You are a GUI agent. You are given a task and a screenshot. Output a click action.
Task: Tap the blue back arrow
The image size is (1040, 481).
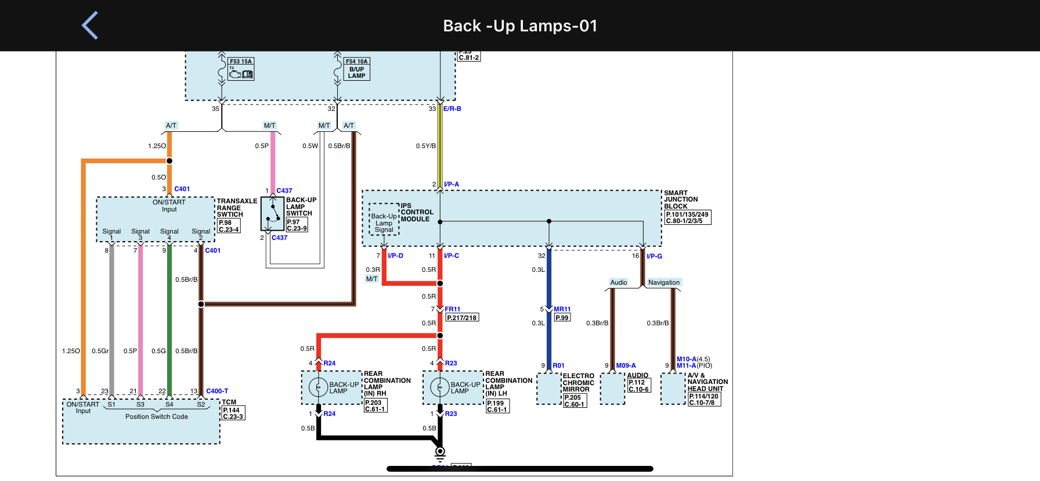tap(90, 26)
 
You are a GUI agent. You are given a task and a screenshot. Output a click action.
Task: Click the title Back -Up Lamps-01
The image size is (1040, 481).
tap(520, 26)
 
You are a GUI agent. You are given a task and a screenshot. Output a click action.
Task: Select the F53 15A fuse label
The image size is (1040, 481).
tap(241, 61)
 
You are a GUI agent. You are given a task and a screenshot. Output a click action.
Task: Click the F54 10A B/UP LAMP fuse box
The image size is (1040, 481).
tap(356, 69)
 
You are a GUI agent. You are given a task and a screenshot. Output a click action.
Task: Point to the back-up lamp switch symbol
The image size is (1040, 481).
tap(272, 213)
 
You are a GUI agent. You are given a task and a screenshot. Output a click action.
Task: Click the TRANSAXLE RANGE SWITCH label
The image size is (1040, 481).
tap(236, 207)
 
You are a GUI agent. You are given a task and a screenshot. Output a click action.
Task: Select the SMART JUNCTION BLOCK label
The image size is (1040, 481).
tap(680, 199)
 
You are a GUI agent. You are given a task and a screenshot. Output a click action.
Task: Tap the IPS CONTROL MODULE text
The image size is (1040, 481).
tap(416, 212)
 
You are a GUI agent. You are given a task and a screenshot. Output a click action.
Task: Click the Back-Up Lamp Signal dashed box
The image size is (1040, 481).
tap(384, 220)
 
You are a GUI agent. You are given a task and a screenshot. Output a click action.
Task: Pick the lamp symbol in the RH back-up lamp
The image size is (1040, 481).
tap(318, 387)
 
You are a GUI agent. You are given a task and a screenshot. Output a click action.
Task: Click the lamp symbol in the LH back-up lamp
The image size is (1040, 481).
tap(440, 387)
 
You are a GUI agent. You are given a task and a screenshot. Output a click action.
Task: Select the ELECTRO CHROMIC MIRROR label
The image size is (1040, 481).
tap(578, 383)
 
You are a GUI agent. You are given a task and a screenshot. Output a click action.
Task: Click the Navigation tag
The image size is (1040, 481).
tap(663, 282)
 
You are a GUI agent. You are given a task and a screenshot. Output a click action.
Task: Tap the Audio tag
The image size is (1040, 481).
tap(619, 282)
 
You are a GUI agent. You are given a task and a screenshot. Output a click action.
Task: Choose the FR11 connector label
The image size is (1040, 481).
tap(453, 309)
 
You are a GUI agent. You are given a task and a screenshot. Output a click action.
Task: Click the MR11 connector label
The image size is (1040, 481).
tap(562, 309)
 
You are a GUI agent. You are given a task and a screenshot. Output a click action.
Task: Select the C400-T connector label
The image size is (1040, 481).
tap(217, 391)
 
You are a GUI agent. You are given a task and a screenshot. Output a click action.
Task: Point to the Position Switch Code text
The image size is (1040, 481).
tap(157, 417)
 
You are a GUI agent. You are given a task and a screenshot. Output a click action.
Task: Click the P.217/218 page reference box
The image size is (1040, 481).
tap(462, 318)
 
